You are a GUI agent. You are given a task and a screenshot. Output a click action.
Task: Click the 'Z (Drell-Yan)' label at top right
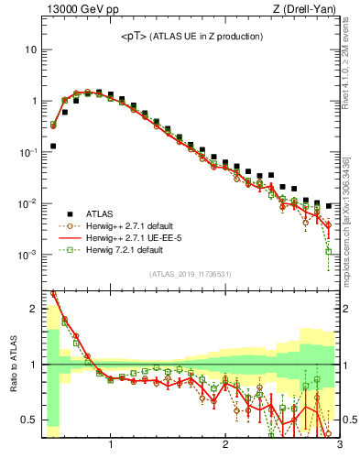(x=309, y=10)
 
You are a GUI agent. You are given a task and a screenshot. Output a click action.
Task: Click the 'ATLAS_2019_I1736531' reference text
(x=191, y=274)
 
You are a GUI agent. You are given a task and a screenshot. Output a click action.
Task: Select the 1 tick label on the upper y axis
(x=33, y=101)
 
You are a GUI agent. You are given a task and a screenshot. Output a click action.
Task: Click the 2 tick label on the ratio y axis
(x=33, y=309)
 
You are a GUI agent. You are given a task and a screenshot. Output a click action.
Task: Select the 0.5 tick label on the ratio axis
(x=29, y=420)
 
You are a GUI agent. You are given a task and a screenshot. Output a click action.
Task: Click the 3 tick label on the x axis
(x=339, y=445)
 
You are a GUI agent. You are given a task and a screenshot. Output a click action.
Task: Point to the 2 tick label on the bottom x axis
(x=224, y=445)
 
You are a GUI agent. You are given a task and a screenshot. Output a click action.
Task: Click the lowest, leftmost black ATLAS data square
(x=53, y=146)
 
